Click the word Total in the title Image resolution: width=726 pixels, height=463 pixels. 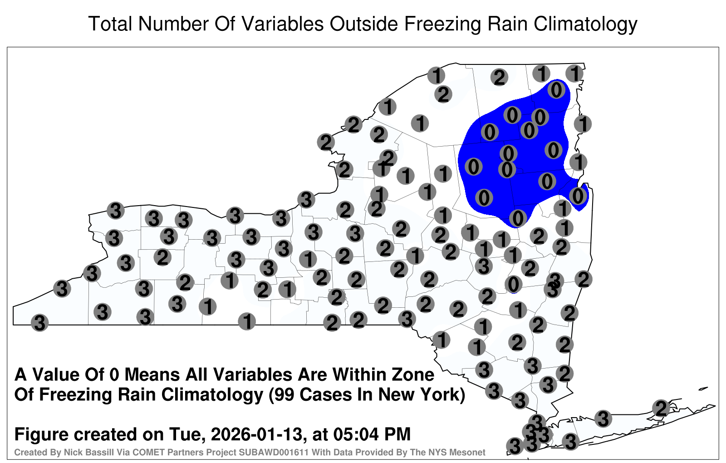[x=110, y=24]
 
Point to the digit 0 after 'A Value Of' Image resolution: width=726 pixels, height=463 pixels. [x=115, y=375]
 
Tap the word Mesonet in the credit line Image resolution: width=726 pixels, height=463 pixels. [x=470, y=452]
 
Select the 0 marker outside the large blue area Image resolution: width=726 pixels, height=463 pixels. [x=513, y=285]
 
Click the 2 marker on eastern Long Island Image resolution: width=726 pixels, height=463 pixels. [x=661, y=408]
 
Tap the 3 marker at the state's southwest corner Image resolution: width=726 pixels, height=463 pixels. [x=39, y=323]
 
